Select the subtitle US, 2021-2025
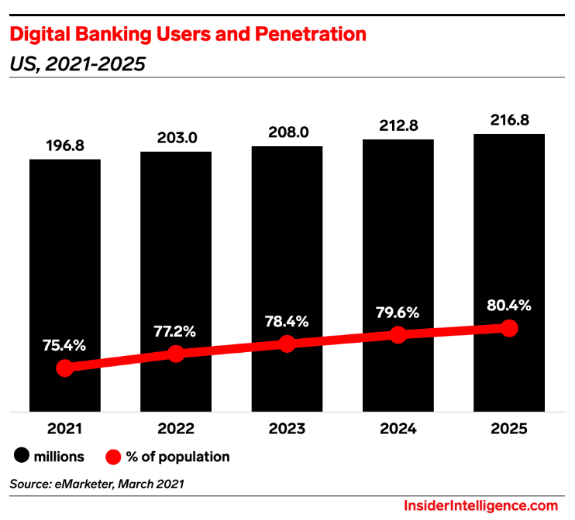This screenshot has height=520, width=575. point(77,64)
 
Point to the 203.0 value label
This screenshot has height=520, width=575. point(176,139)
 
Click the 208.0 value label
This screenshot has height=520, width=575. point(287,132)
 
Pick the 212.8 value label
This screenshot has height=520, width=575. point(398,126)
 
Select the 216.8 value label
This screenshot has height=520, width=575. point(509,121)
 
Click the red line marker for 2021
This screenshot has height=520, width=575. point(65,368)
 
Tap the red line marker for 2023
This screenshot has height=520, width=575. point(287,344)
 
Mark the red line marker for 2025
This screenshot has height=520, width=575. point(509,328)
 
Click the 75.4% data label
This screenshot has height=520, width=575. point(65,344)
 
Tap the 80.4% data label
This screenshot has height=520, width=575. point(509,306)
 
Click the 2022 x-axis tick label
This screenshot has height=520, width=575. point(176,429)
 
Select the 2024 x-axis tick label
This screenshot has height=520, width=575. point(398,429)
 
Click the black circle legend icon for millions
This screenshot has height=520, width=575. point(20,457)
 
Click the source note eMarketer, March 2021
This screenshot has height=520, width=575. point(98,484)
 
